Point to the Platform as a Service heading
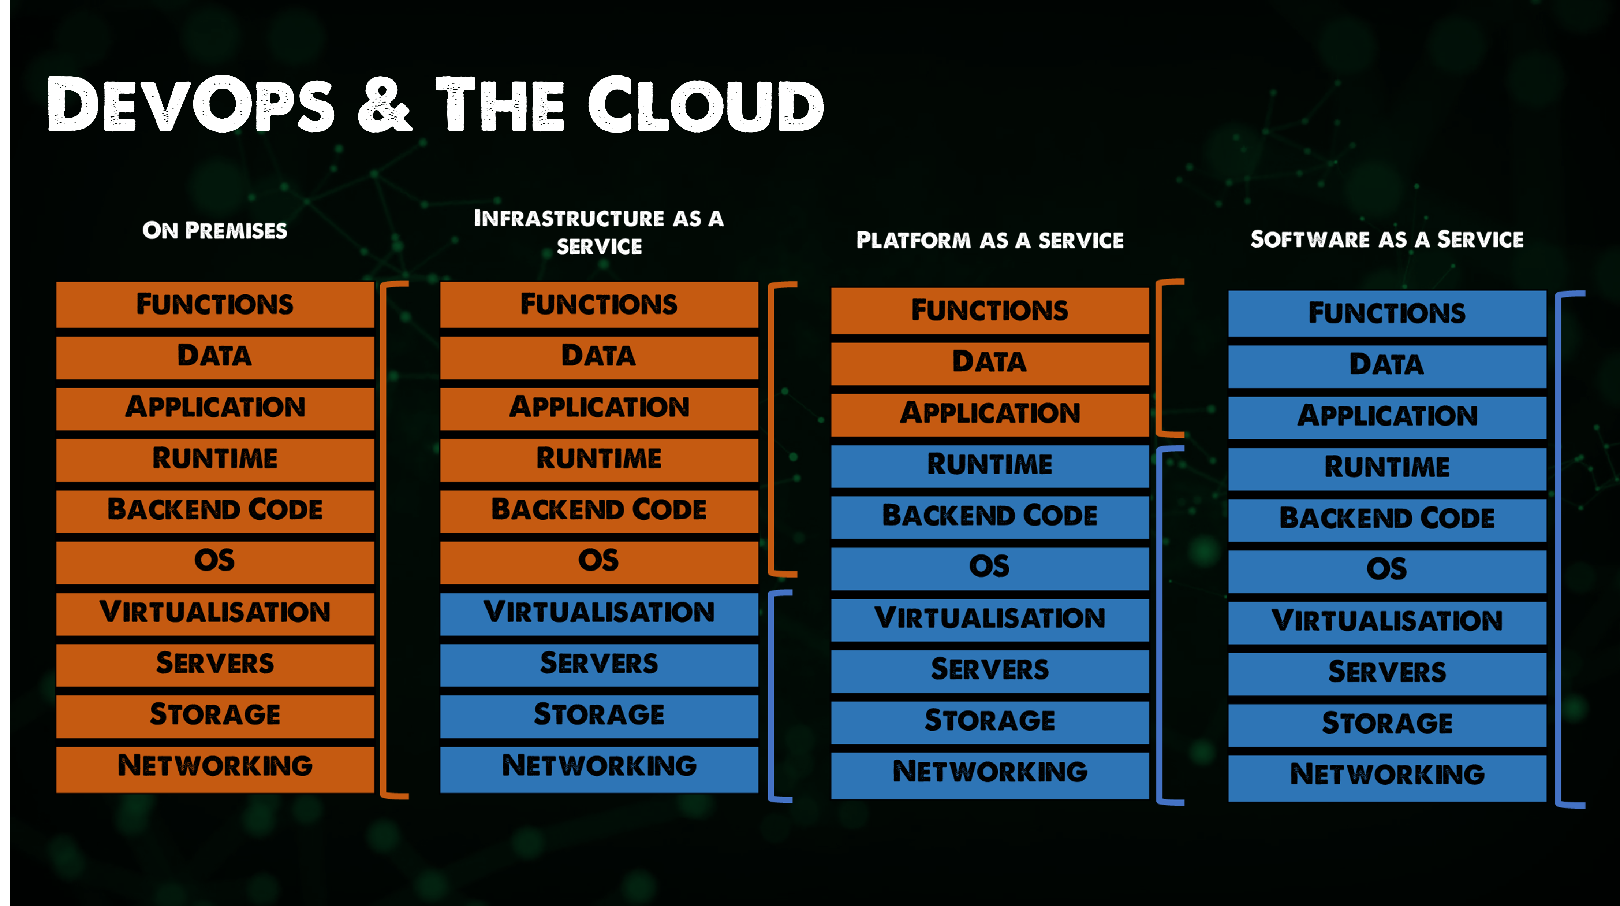click(989, 240)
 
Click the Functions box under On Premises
click(214, 305)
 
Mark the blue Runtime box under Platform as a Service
click(989, 465)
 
